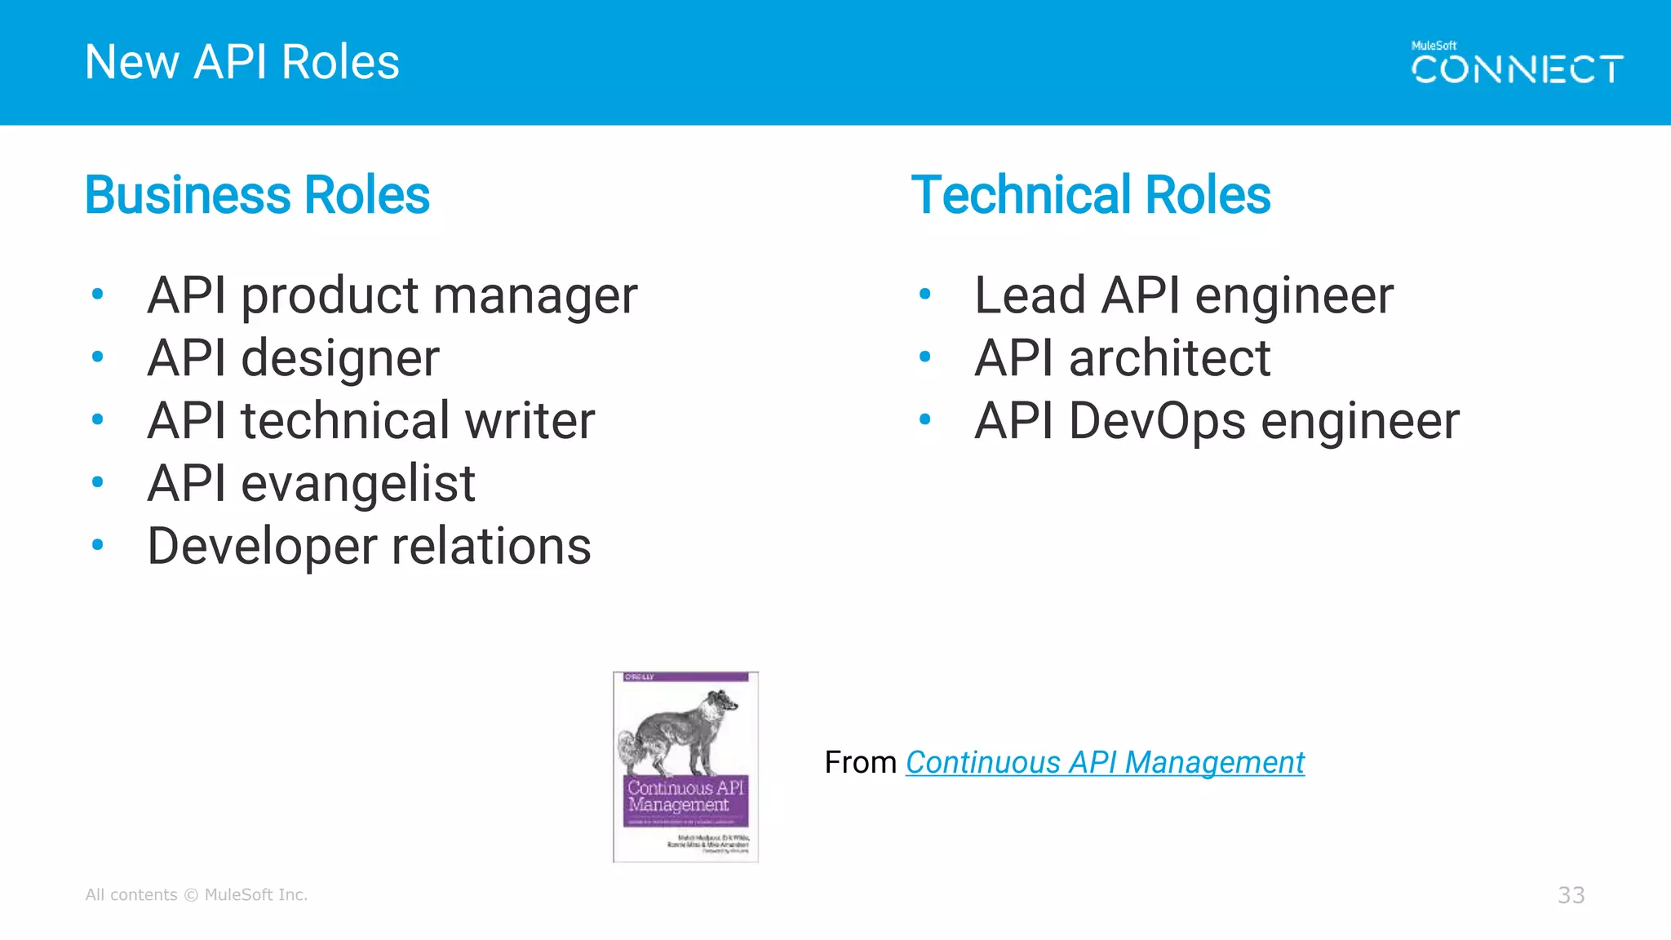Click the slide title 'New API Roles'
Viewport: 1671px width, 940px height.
tap(242, 62)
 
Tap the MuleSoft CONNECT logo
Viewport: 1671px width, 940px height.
tap(1517, 65)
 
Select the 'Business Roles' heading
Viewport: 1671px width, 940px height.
tap(257, 195)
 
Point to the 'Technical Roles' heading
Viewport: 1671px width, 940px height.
tap(1091, 195)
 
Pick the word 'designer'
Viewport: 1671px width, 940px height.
tap(340, 359)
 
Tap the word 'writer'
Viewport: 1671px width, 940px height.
tap(530, 421)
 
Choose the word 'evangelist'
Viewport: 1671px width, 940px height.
tap(358, 484)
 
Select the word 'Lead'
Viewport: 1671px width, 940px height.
tap(1030, 295)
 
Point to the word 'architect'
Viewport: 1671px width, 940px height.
tap(1169, 358)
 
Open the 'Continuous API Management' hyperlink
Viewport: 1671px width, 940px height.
tap(1105, 763)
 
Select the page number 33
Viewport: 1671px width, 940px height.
tap(1571, 895)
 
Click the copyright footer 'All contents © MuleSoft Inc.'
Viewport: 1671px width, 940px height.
tap(197, 895)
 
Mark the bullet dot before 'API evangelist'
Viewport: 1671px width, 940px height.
tap(98, 482)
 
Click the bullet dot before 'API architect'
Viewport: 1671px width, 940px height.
tap(924, 357)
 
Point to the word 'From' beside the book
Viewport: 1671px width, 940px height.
tap(860, 763)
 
